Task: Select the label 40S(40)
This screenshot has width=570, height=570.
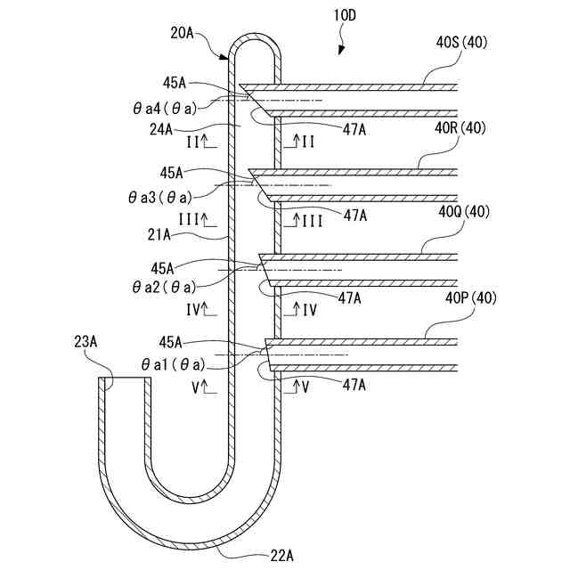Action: [x=460, y=42]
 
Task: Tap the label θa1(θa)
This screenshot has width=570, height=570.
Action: [x=172, y=364]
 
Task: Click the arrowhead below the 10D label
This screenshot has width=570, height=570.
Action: [x=339, y=53]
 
